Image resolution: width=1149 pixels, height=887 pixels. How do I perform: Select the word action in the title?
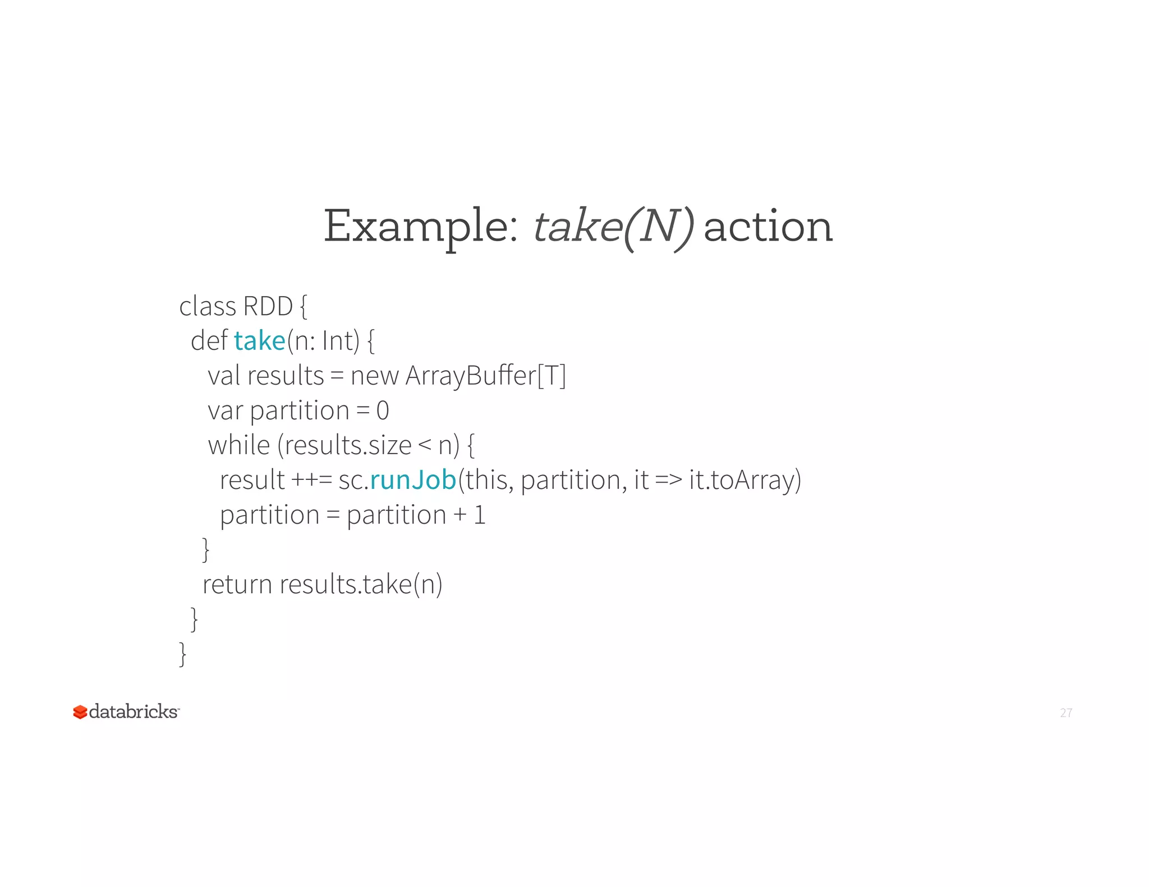point(767,227)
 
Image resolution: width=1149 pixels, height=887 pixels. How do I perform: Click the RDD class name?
point(268,307)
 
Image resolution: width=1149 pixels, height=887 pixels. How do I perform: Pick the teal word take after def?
point(260,341)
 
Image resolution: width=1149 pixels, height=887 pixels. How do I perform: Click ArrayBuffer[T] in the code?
point(485,376)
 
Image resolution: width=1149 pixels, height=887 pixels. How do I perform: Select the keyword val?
point(224,376)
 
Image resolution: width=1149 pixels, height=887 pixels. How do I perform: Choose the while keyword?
point(239,445)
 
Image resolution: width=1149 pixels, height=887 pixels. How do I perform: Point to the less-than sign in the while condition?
point(425,445)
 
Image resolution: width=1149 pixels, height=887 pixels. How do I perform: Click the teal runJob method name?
point(413,480)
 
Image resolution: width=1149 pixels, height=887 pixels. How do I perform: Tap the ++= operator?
point(312,480)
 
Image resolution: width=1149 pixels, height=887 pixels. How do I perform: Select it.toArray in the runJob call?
point(744,480)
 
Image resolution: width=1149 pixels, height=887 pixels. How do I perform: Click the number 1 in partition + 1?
point(479,515)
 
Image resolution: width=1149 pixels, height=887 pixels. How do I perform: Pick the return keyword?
point(237,584)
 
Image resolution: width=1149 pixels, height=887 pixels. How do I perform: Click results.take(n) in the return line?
point(361,584)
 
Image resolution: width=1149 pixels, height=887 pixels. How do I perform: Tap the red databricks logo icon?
point(80,712)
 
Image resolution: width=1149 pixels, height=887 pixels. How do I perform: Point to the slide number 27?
point(1066,713)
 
